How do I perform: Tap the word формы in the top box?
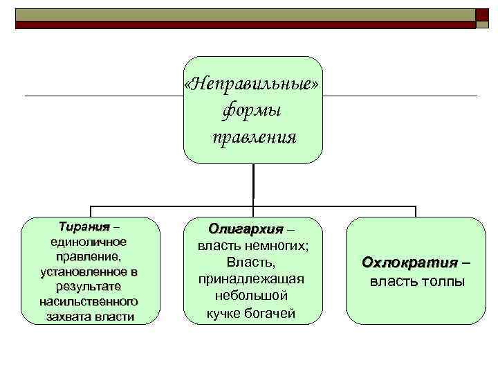point(252,110)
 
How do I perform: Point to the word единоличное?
point(88,242)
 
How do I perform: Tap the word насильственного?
point(88,302)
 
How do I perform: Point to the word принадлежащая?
point(252,279)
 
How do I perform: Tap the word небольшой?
point(251,296)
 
